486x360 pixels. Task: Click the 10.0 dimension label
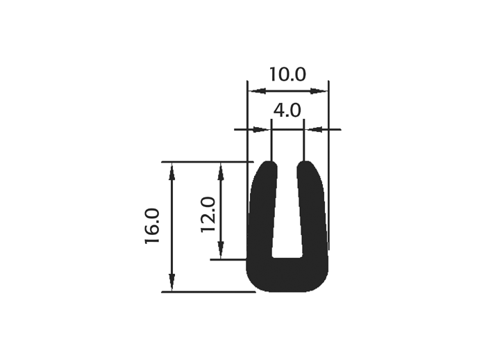(287, 74)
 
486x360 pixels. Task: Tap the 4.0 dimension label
(287, 111)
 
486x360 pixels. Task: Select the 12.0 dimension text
(208, 215)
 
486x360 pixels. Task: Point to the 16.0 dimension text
(152, 227)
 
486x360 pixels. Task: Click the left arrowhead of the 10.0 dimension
(258, 91)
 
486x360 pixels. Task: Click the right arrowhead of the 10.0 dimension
(319, 91)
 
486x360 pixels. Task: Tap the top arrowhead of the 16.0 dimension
(172, 172)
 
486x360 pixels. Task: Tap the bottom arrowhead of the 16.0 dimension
(172, 282)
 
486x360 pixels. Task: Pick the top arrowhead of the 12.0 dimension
(220, 172)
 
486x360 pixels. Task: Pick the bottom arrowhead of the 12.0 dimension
(220, 249)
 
